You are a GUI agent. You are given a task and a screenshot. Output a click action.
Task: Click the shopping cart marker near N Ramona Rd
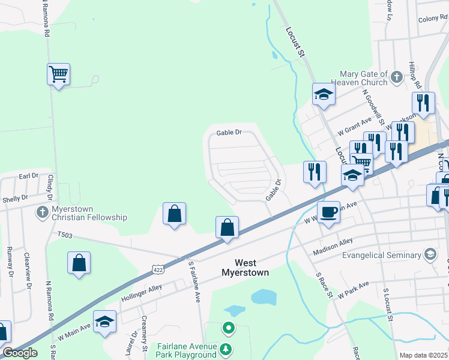click(x=58, y=74)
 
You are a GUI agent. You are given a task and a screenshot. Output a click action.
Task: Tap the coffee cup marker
click(x=328, y=212)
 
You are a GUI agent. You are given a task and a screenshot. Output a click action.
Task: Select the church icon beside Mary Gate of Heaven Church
click(x=396, y=77)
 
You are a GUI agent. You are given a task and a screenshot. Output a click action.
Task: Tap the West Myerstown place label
click(x=251, y=268)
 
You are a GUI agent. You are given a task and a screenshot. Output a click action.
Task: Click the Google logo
click(x=20, y=352)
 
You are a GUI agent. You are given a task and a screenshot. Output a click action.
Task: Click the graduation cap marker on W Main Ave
click(x=104, y=322)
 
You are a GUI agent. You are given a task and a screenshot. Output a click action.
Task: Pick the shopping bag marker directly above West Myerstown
click(x=227, y=228)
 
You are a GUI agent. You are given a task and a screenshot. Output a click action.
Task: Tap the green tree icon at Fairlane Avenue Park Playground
click(x=225, y=349)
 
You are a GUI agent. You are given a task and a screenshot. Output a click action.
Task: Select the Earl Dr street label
click(x=28, y=176)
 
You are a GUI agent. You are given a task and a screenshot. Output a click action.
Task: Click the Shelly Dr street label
click(x=16, y=197)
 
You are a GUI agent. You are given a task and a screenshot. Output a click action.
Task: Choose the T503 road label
click(x=65, y=235)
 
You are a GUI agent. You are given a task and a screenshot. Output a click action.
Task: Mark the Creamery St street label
click(x=144, y=333)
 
